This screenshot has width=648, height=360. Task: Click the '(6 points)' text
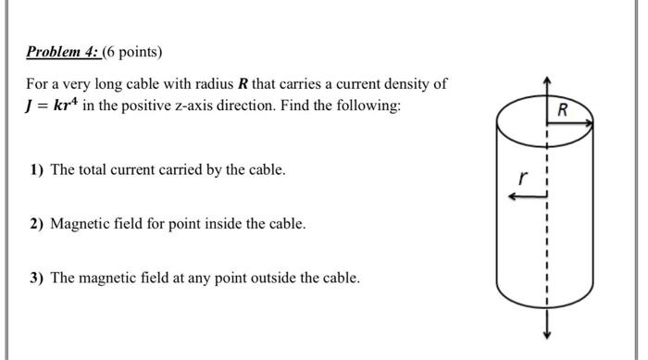132,53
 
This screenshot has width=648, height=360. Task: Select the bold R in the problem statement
243,84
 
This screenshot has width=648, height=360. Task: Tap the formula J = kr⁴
51,105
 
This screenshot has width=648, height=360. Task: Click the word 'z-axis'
193,106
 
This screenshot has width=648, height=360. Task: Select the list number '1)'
36,170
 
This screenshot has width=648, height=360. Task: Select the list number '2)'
36,224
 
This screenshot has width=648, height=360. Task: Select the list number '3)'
36,278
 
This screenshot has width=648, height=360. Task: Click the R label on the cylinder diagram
563,110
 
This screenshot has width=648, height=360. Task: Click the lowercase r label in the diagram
523,178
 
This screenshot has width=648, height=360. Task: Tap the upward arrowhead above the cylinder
547,81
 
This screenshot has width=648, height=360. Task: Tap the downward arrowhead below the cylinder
547,334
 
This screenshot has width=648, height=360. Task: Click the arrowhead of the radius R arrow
589,123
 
